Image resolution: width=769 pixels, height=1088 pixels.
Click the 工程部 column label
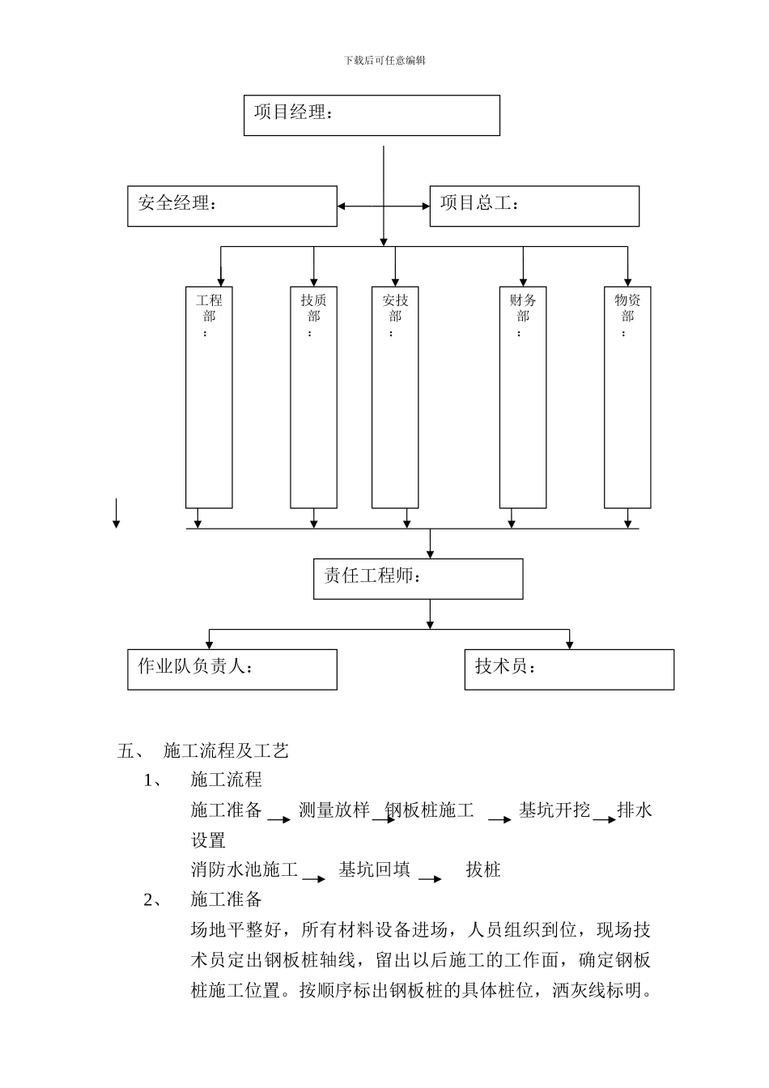coord(209,308)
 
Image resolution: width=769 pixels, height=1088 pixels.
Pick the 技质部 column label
coord(313,308)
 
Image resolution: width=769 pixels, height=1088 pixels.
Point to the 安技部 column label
coord(395,308)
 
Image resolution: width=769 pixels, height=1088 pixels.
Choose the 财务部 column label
coord(523,308)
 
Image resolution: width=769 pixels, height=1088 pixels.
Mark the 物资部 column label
coord(627,308)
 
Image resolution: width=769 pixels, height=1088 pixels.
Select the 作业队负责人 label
coord(195,666)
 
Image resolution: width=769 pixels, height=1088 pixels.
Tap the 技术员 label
coord(506,666)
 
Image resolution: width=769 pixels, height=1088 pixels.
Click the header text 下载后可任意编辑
coord(384,60)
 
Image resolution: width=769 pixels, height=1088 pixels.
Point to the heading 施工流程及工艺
coord(226,751)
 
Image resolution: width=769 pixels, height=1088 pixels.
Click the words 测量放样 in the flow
coord(334,810)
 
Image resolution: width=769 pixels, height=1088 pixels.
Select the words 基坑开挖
coord(554,810)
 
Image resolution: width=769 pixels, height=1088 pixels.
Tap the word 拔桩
coord(483,870)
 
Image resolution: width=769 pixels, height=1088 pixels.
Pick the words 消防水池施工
coord(244,870)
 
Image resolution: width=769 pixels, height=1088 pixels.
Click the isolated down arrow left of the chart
coord(117,514)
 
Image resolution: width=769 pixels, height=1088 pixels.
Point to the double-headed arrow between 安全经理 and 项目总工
coord(384,206)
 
